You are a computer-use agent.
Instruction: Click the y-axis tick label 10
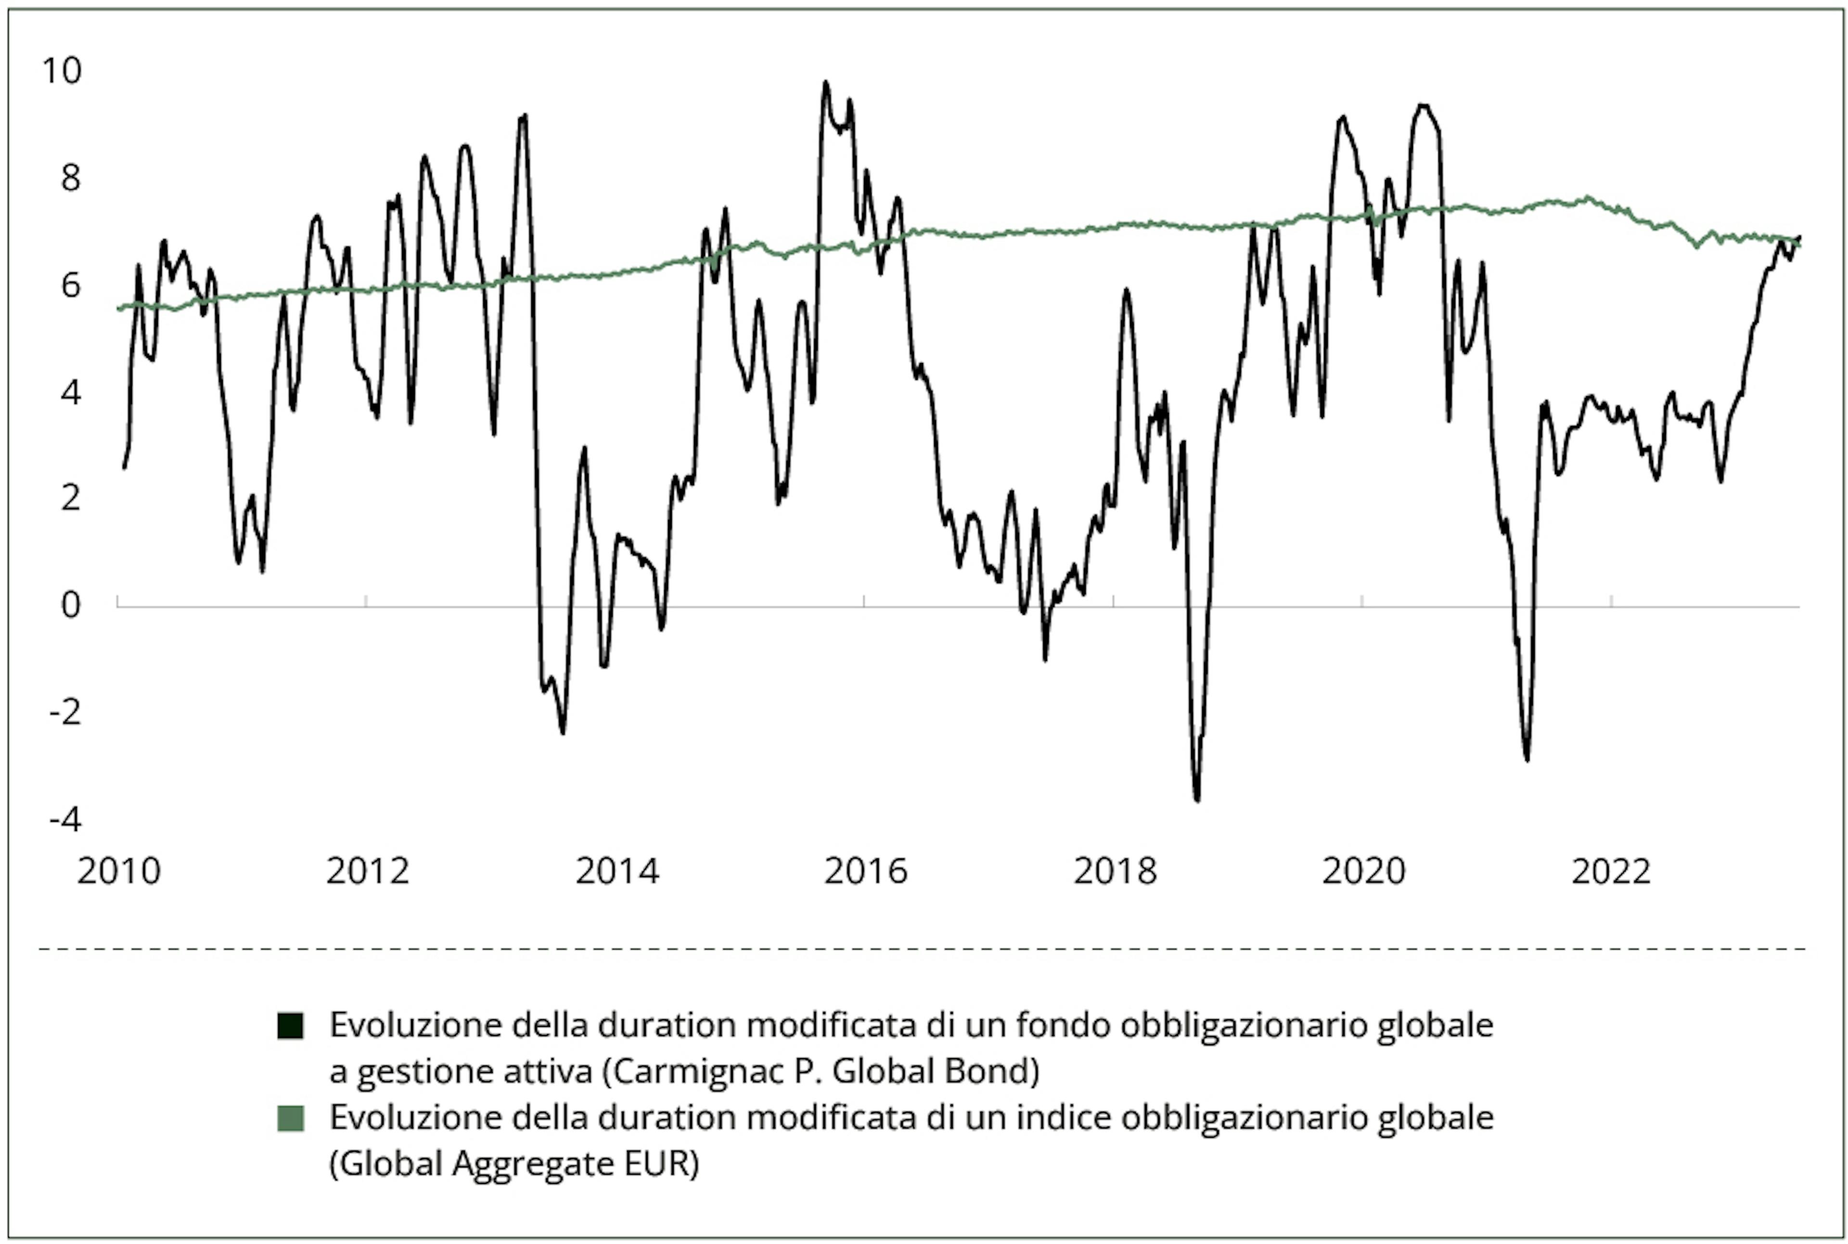click(x=62, y=71)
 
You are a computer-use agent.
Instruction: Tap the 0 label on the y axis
click(x=71, y=605)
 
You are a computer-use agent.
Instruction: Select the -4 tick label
click(x=65, y=819)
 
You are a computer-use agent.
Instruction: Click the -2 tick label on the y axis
click(x=65, y=713)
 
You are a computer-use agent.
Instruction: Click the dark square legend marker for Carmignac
click(x=290, y=1026)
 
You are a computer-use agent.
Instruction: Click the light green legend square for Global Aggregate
click(x=290, y=1119)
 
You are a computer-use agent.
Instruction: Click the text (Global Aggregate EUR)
click(x=514, y=1165)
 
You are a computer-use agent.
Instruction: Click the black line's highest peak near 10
click(x=826, y=82)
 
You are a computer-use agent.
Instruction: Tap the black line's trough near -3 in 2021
click(x=1527, y=759)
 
